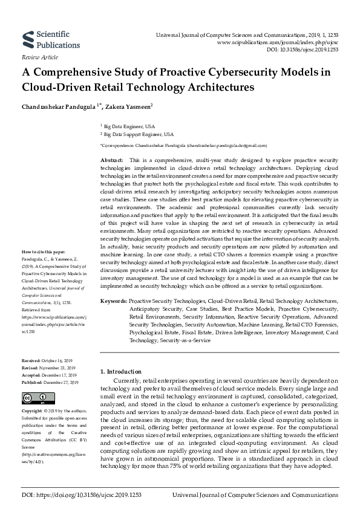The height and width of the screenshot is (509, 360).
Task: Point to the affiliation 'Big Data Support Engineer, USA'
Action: point(139,134)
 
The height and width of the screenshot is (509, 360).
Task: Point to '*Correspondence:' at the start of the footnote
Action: point(119,146)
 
